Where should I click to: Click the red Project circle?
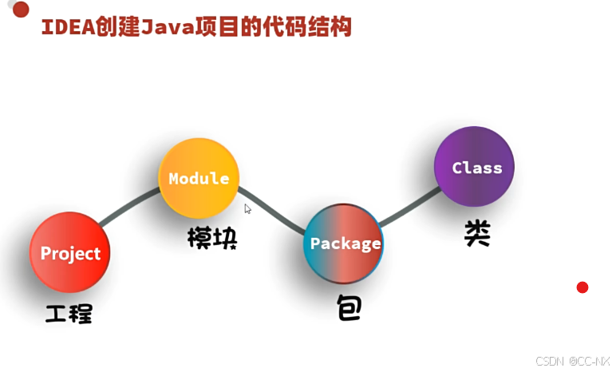click(70, 253)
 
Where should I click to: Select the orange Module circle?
click(199, 178)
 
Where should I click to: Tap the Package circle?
click(345, 243)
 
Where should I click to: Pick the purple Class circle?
click(476, 168)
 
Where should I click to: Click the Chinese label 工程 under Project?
click(69, 313)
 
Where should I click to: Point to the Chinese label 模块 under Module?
click(212, 238)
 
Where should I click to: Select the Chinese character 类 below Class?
click(477, 233)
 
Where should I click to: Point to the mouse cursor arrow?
click(247, 209)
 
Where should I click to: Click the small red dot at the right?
click(582, 287)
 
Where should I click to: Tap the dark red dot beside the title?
click(22, 10)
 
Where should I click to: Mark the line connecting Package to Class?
click(409, 207)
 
